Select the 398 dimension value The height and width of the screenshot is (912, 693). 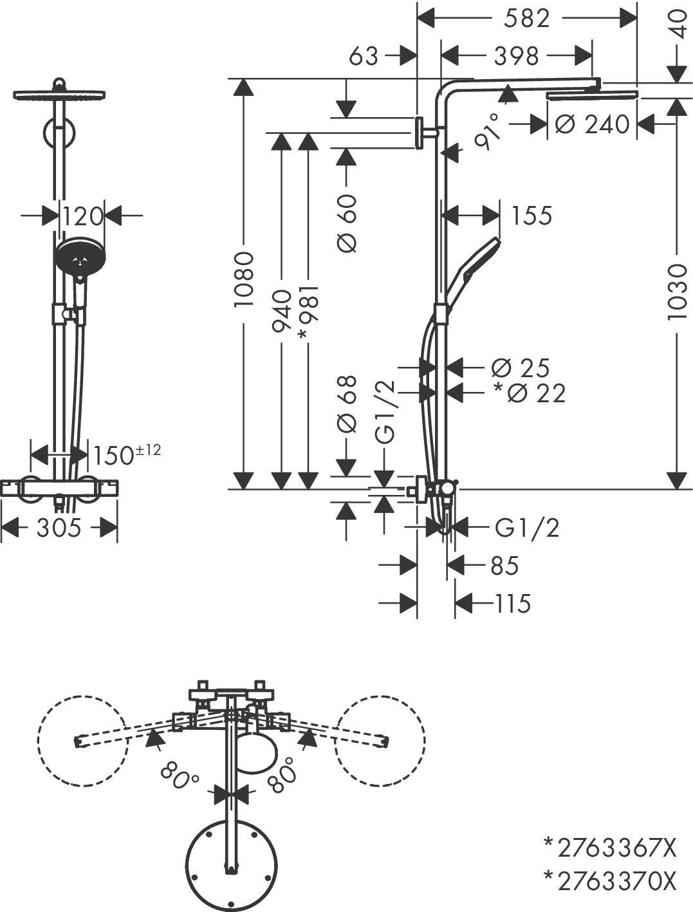pyautogui.click(x=516, y=56)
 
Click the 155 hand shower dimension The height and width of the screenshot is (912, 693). pyautogui.click(x=531, y=216)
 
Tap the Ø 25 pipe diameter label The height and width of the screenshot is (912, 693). pyautogui.click(x=520, y=368)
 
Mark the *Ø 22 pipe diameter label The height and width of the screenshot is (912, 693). pyautogui.click(x=529, y=393)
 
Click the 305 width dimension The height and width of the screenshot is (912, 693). pyautogui.click(x=59, y=528)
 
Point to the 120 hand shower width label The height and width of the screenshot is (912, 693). pyautogui.click(x=82, y=216)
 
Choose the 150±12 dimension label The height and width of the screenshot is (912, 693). pyautogui.click(x=126, y=454)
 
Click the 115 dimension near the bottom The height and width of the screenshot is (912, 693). pyautogui.click(x=512, y=604)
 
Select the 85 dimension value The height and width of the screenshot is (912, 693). pyautogui.click(x=504, y=566)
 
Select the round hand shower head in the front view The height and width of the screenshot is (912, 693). pyautogui.click(x=80, y=257)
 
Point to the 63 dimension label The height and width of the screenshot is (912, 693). pyautogui.click(x=364, y=56)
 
